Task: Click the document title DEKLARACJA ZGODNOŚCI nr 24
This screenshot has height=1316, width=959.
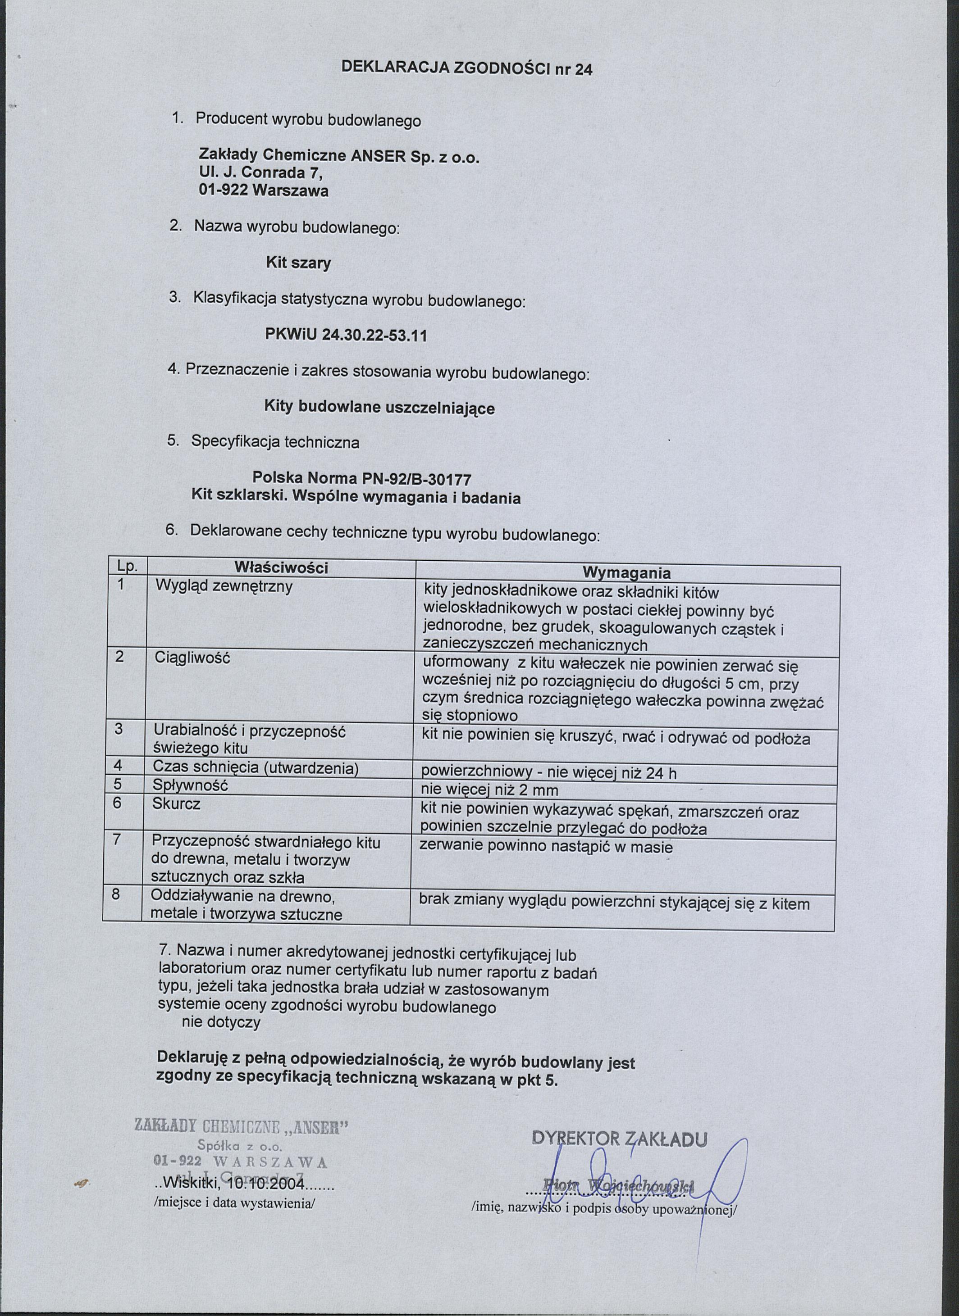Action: [467, 68]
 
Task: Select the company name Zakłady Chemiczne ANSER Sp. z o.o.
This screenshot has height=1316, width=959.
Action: [340, 157]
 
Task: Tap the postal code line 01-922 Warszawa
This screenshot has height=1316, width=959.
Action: [264, 191]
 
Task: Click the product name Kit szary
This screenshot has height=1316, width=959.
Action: [298, 263]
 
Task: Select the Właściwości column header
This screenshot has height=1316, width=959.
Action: [282, 567]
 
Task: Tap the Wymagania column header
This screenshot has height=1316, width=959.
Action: [626, 573]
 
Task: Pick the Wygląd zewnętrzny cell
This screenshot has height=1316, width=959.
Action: [224, 586]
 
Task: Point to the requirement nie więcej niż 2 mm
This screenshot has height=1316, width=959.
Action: [490, 790]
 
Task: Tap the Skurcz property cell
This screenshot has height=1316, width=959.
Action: [177, 804]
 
